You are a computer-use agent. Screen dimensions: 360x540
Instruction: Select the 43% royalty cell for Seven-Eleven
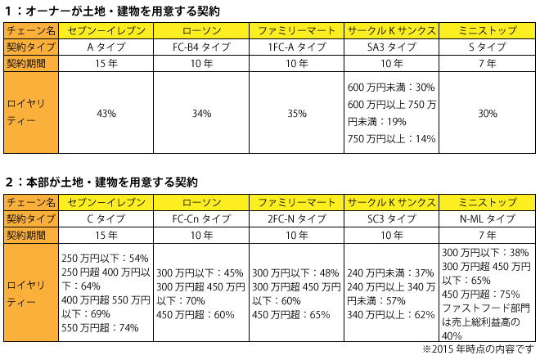pos(106,114)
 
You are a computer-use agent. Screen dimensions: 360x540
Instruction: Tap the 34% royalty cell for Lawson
pos(201,114)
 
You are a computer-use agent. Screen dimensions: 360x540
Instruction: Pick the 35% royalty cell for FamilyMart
pos(296,114)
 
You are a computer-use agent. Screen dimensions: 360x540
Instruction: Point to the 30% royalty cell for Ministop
pos(487,114)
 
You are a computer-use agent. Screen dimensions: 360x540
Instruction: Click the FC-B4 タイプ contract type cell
pos(201,47)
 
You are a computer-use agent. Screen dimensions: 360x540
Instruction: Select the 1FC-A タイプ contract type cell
pos(296,47)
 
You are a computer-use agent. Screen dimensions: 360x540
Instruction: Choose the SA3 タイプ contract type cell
pos(392,47)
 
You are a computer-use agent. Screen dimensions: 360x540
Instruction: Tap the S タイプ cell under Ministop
pos(487,47)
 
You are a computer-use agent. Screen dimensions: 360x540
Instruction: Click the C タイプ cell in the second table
pos(106,218)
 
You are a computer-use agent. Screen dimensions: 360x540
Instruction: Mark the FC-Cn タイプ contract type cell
pos(201,218)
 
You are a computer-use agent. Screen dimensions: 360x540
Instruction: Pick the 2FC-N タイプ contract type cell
pos(296,218)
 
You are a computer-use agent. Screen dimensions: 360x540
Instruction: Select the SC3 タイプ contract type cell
pos(392,218)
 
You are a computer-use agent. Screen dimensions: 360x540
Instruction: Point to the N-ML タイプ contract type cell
pos(487,218)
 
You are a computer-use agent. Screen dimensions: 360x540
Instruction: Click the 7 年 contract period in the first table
pos(487,63)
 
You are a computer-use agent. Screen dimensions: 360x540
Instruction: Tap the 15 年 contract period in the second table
pos(106,234)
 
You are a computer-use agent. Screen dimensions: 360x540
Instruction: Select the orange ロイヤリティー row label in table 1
pos(31,114)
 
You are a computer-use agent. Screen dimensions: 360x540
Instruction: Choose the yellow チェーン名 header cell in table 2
pos(31,201)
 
